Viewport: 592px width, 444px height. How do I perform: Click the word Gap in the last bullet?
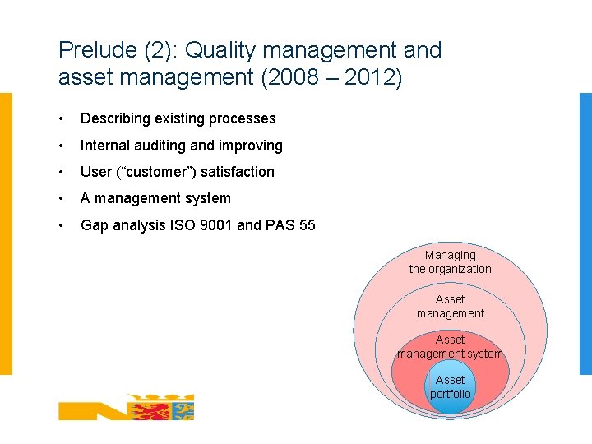[94, 224]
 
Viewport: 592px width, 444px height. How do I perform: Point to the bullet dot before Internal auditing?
[64, 146]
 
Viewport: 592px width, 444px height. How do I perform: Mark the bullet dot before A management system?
[64, 198]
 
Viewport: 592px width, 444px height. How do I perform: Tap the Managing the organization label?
[450, 262]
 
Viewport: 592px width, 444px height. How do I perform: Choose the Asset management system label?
[450, 346]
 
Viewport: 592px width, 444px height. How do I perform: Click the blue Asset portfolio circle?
[450, 387]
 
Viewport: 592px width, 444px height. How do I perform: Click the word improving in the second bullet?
[250, 146]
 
